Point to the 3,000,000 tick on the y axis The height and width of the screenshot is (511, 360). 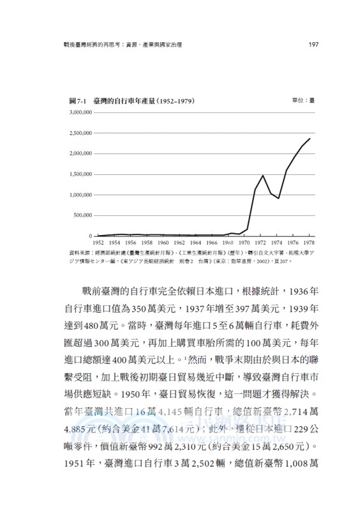(x=80, y=112)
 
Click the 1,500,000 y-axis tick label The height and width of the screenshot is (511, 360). (x=80, y=174)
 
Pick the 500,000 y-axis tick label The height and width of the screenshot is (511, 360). (x=83, y=215)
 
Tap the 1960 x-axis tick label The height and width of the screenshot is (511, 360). (x=163, y=243)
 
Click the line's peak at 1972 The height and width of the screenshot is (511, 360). (x=263, y=175)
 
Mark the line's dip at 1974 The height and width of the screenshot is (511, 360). (x=279, y=198)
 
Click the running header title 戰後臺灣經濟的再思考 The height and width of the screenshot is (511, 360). (x=91, y=45)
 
